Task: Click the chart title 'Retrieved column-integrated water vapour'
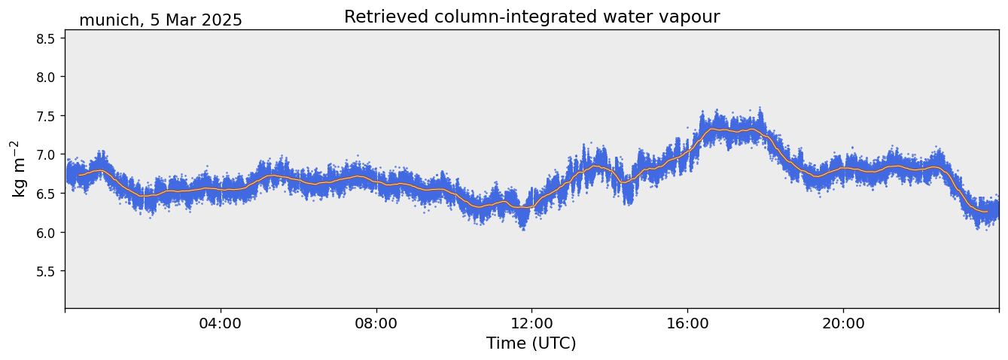(531, 17)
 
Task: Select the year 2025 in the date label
(221, 20)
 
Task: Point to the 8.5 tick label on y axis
(46, 38)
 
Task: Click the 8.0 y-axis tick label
(46, 77)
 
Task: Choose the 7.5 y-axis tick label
(46, 116)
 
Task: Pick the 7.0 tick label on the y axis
(46, 154)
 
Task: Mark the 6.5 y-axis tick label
(46, 194)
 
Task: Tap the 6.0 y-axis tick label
(46, 233)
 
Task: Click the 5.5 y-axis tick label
(46, 271)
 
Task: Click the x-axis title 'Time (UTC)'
(531, 343)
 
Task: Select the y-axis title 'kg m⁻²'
(19, 169)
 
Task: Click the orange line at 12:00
(531, 206)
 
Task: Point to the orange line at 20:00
(843, 169)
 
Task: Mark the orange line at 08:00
(376, 181)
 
